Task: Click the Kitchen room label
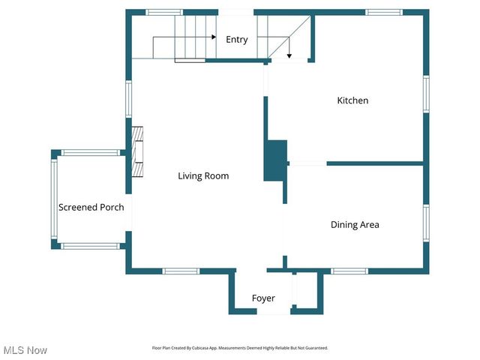pyautogui.click(x=352, y=100)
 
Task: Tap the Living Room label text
pyautogui.click(x=203, y=176)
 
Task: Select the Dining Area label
pyautogui.click(x=355, y=224)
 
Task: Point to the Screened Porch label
pyautogui.click(x=91, y=207)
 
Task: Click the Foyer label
pyautogui.click(x=262, y=298)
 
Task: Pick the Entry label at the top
pyautogui.click(x=237, y=40)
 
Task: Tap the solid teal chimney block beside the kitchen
pyautogui.click(x=275, y=160)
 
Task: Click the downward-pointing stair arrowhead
pyautogui.click(x=289, y=55)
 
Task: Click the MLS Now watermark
pyautogui.click(x=25, y=350)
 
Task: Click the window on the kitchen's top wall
pyautogui.click(x=384, y=12)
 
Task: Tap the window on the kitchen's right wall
pyautogui.click(x=425, y=94)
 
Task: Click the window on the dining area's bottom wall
pyautogui.click(x=349, y=271)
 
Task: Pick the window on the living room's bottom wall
pyautogui.click(x=181, y=271)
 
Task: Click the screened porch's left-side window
pyautogui.click(x=54, y=199)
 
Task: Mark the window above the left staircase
pyautogui.click(x=163, y=12)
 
